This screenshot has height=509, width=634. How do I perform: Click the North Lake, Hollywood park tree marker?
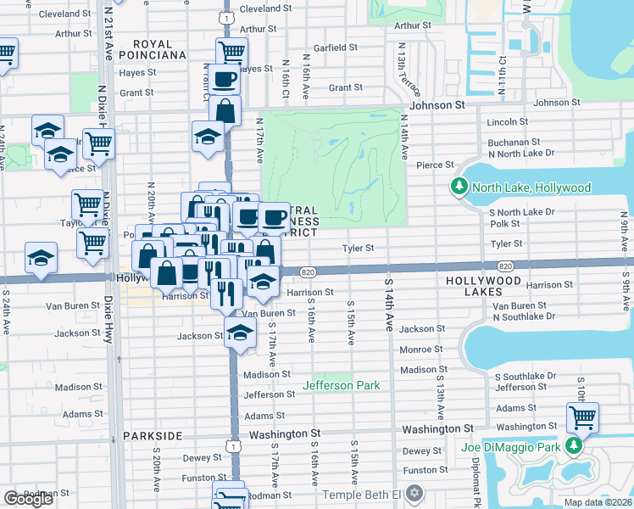coord(460,186)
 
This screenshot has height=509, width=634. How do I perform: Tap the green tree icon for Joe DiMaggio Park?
coord(575,445)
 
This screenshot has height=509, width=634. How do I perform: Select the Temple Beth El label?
coord(362,494)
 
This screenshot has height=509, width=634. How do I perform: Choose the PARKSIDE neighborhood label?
coord(152,435)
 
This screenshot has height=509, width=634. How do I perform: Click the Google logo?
coord(28,499)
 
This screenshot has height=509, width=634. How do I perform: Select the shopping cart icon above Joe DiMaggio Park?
coord(581,417)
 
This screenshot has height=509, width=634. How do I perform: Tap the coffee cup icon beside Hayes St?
coord(225,80)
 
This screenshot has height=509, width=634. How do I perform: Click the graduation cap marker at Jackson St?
coord(241,333)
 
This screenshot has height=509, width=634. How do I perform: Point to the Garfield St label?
coord(338,48)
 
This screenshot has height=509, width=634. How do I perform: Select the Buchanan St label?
coord(514,142)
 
